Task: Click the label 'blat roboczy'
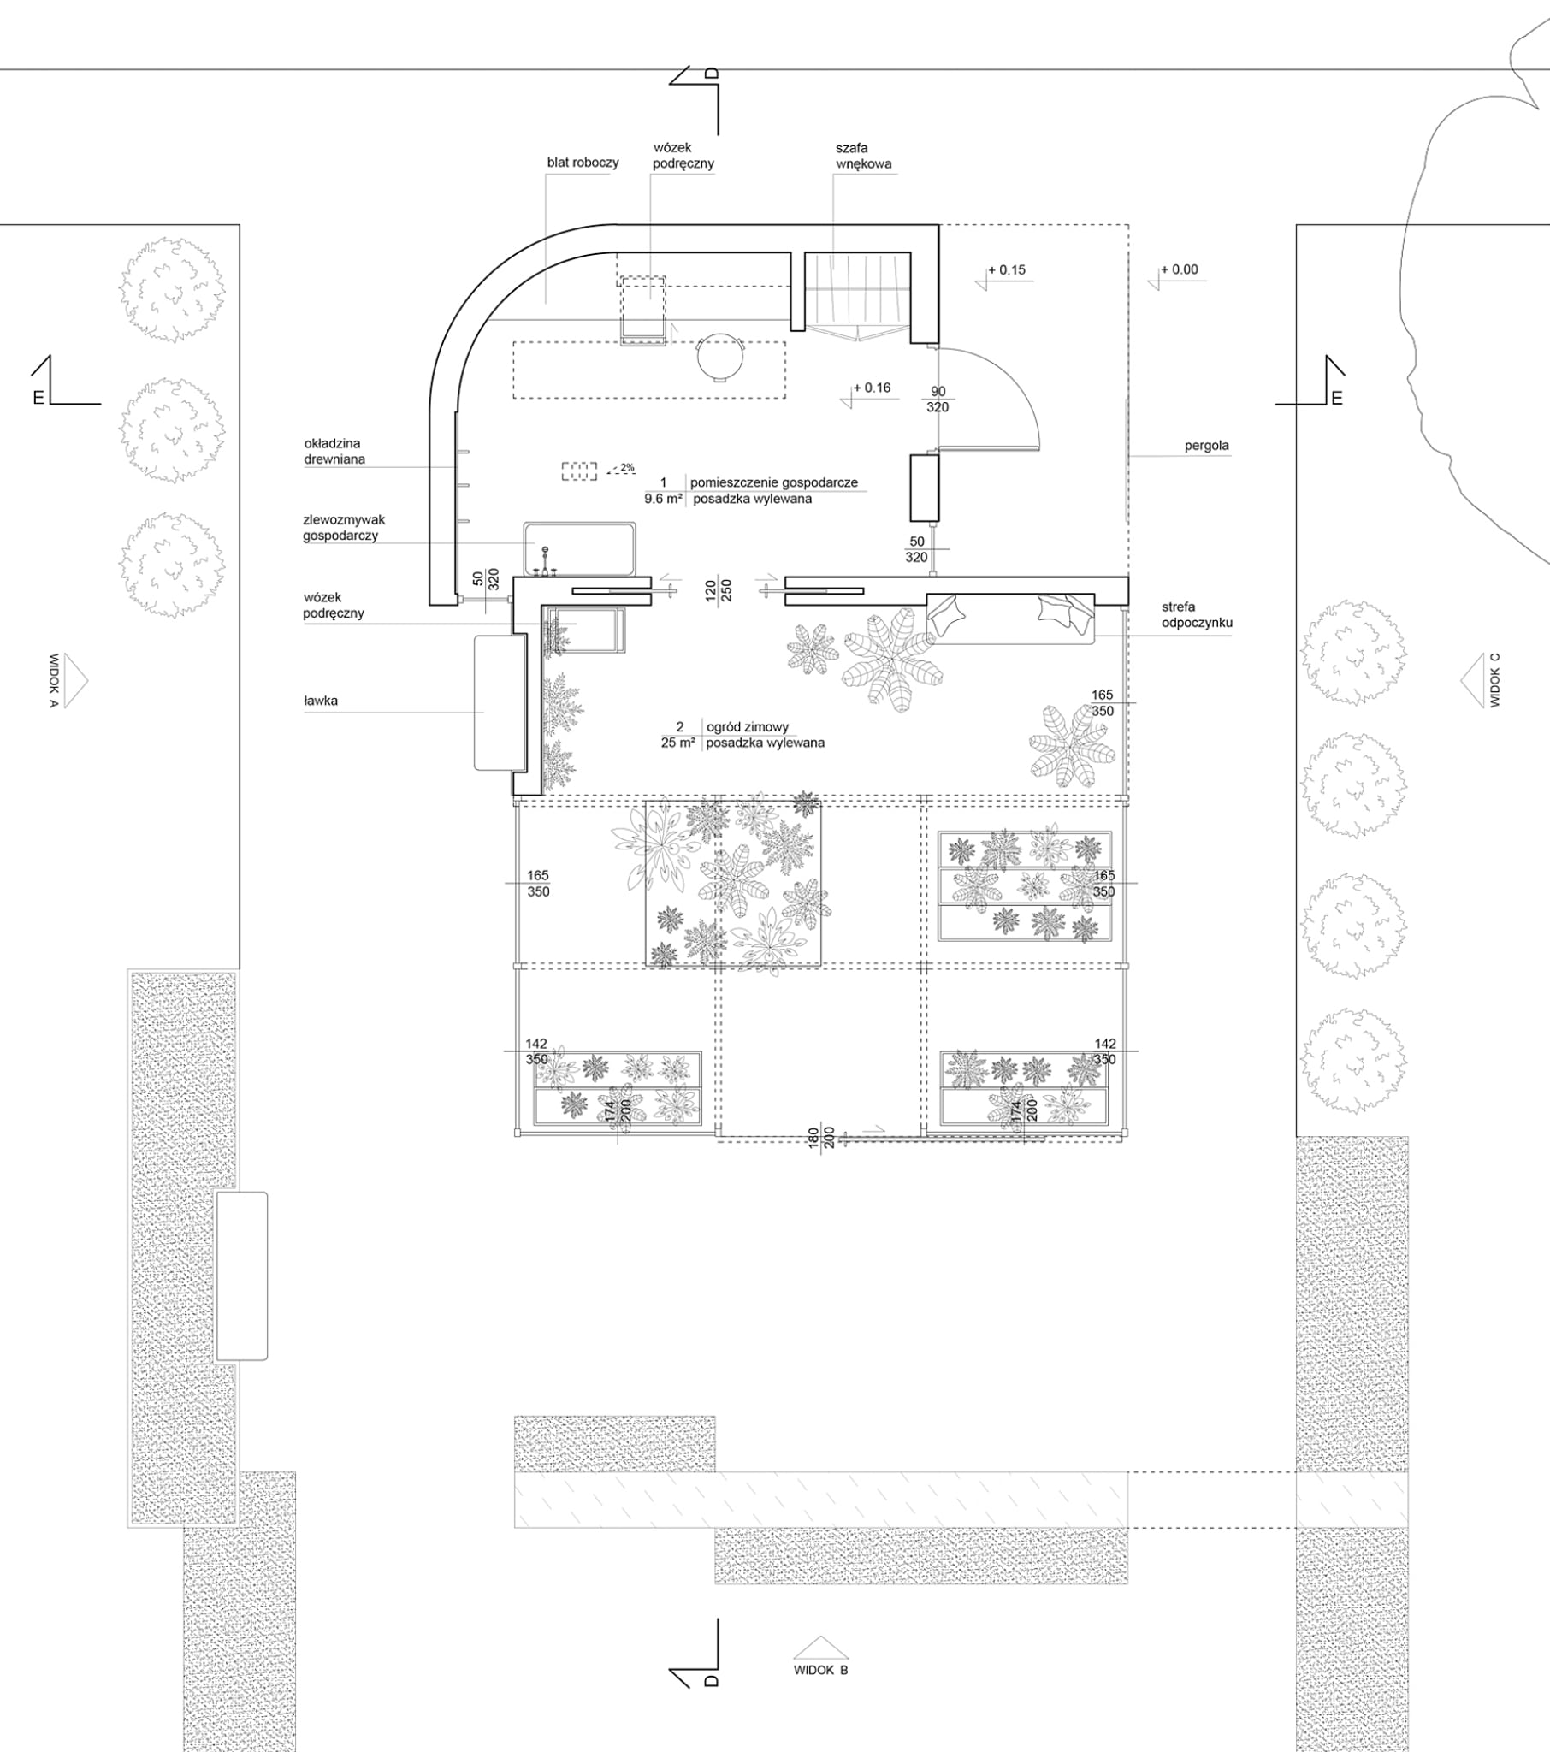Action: [x=583, y=163]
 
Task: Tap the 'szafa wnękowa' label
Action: [x=863, y=156]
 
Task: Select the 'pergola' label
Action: [x=1206, y=446]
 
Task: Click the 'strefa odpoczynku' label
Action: [x=1197, y=614]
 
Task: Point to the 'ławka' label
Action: [x=321, y=701]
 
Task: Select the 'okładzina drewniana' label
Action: [x=334, y=452]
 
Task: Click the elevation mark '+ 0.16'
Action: [x=872, y=388]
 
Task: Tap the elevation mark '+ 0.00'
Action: [x=1180, y=270]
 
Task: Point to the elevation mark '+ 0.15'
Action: [x=1007, y=270]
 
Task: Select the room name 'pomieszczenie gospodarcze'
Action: [x=774, y=482]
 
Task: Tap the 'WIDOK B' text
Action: [x=820, y=1670]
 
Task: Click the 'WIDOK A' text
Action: [x=53, y=681]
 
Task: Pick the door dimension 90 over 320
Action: [x=938, y=400]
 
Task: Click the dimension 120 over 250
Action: [x=718, y=591]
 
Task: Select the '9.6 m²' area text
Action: [x=664, y=499]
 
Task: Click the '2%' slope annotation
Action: [x=628, y=468]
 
